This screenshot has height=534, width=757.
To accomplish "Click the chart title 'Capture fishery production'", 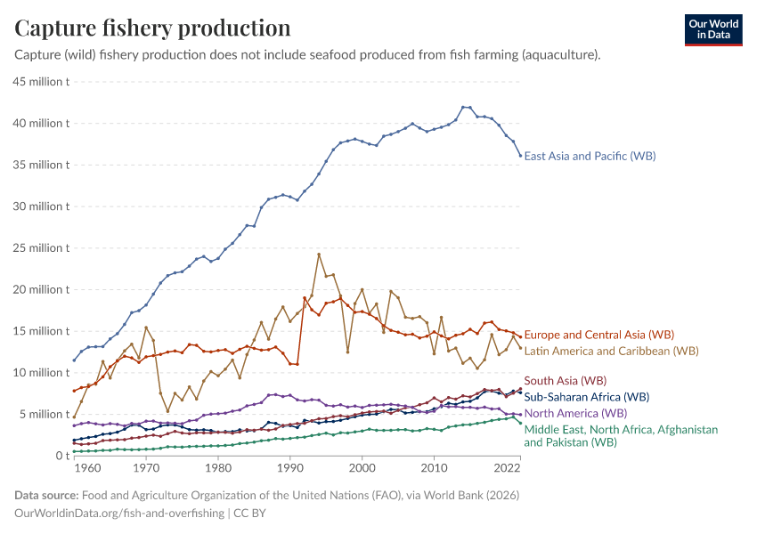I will [x=152, y=28].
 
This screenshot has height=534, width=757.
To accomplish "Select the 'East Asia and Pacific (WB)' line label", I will [x=590, y=156].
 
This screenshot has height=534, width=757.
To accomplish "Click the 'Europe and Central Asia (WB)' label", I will [x=598, y=335].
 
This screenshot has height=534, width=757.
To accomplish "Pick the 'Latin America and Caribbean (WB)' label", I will [x=611, y=351].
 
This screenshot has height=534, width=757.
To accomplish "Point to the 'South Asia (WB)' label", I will [x=566, y=380].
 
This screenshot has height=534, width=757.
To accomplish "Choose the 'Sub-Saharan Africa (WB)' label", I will [x=586, y=397].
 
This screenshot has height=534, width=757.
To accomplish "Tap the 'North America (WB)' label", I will [x=575, y=413].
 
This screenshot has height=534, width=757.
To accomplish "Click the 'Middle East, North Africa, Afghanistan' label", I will [x=621, y=429].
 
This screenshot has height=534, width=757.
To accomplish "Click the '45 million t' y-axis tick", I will [x=40, y=82].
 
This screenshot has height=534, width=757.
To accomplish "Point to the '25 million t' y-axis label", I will [x=40, y=248].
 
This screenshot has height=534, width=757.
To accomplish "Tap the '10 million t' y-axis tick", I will [x=40, y=373].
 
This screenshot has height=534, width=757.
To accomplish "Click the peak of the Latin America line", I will [x=319, y=255].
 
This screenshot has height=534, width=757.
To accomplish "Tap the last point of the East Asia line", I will [x=520, y=156].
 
